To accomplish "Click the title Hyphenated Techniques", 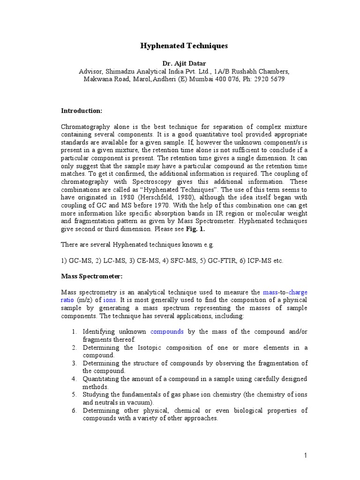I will pyautogui.click(x=184, y=46).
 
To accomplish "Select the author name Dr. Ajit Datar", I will pyautogui.click(x=184, y=63).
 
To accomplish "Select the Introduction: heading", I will pyautogui.click(x=82, y=111).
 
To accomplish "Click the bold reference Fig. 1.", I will pyautogui.click(x=196, y=230).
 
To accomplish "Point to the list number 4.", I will pyautogui.click(x=74, y=379).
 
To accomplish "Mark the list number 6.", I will pyautogui.click(x=74, y=411).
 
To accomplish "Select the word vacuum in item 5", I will pyautogui.click(x=142, y=402).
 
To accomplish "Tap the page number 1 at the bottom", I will pyautogui.click(x=304, y=455).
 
